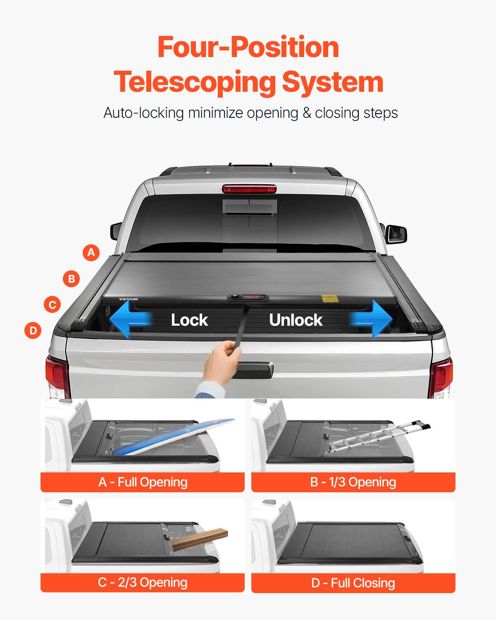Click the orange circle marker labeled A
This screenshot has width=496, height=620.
pyautogui.click(x=91, y=252)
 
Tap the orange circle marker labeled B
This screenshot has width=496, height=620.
pyautogui.click(x=72, y=279)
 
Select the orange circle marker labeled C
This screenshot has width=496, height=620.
pyautogui.click(x=52, y=305)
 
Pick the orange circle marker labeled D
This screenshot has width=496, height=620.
pyautogui.click(x=33, y=331)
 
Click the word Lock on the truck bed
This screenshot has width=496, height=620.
pyautogui.click(x=189, y=320)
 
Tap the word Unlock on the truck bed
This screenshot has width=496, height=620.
pyautogui.click(x=296, y=320)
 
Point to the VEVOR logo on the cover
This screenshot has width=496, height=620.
pyautogui.click(x=129, y=299)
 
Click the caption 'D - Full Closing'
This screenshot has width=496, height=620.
pyautogui.click(x=353, y=583)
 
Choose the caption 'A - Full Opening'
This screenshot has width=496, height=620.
pyautogui.click(x=143, y=482)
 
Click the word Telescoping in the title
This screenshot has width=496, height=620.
pyautogui.click(x=194, y=81)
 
